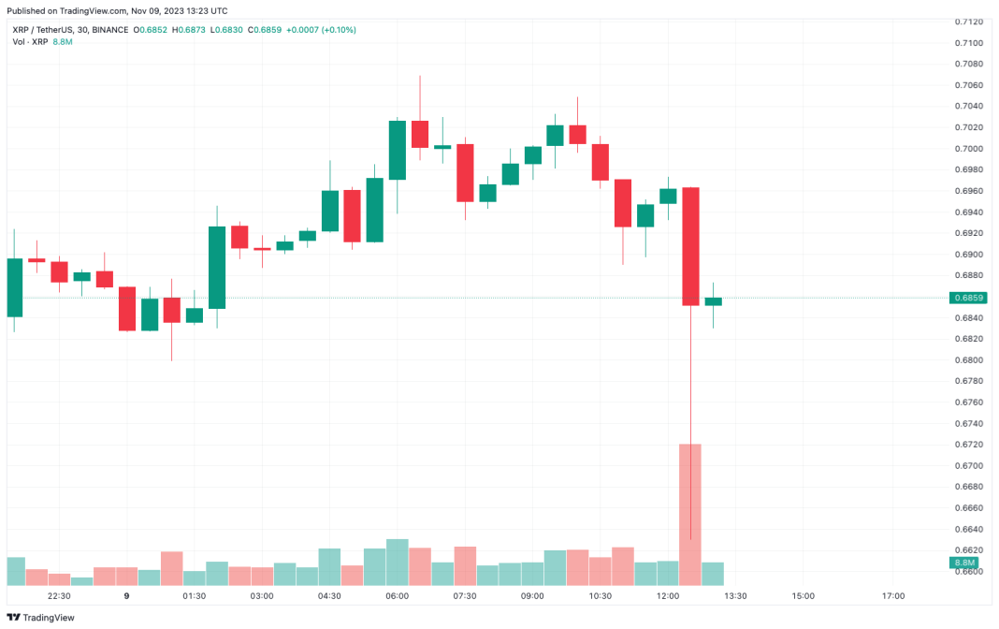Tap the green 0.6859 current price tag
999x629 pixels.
click(966, 298)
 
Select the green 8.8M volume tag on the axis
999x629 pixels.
click(963, 562)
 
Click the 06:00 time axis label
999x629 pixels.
click(397, 595)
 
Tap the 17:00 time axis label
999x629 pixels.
click(892, 595)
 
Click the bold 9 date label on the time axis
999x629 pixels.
click(126, 595)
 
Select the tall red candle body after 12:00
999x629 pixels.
click(690, 246)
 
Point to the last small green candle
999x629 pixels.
click(713, 301)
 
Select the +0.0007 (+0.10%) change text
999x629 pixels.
click(321, 30)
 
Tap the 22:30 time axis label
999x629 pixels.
click(59, 595)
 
